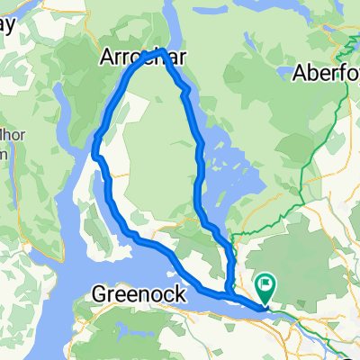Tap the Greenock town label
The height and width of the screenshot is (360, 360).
(x=139, y=293)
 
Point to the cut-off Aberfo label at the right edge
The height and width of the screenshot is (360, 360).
(x=327, y=73)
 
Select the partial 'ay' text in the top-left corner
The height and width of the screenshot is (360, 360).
(x=7, y=23)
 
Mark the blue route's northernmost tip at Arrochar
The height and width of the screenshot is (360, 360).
(x=159, y=52)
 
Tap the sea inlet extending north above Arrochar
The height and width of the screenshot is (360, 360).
(x=170, y=22)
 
